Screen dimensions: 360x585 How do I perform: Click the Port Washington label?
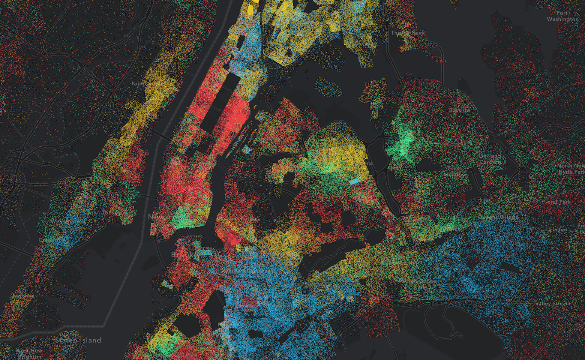point(562,16)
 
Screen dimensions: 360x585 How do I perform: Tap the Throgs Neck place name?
point(408,33)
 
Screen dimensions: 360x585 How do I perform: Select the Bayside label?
point(459,110)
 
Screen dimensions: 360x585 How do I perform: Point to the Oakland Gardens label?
point(490,159)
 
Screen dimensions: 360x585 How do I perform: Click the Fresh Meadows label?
point(456,172)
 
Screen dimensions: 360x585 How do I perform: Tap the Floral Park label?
point(556,202)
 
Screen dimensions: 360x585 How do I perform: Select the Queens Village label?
point(498,217)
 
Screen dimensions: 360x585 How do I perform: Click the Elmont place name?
point(558,229)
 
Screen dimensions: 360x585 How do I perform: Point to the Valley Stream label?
point(553,304)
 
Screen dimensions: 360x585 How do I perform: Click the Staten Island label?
point(78,340)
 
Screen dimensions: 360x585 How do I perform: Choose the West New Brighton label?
point(29,354)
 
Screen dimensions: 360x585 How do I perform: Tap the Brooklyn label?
point(187,255)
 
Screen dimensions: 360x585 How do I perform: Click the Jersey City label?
point(119,213)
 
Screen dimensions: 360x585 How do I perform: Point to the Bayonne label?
point(23,296)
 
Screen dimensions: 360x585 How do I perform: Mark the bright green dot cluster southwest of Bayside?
point(403,142)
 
